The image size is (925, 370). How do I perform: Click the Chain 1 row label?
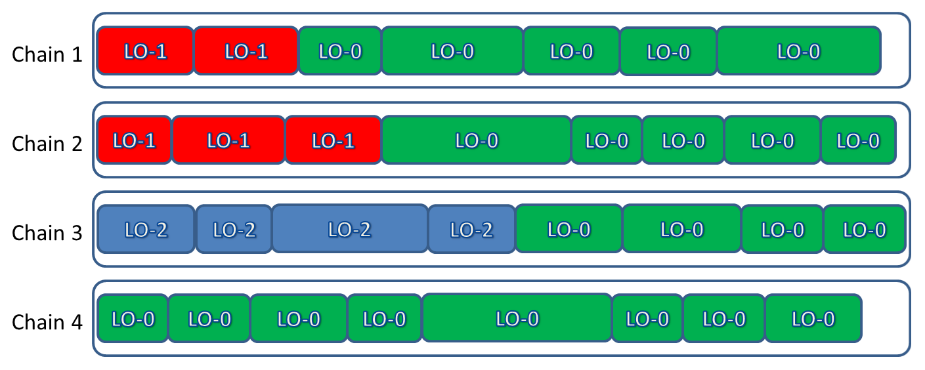(47, 54)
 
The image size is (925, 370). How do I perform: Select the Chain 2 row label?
(47, 143)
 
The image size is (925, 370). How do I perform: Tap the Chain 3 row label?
(47, 232)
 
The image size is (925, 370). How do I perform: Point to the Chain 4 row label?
(47, 322)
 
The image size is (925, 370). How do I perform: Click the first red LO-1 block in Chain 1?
(145, 51)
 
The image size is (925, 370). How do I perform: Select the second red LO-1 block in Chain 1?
(246, 51)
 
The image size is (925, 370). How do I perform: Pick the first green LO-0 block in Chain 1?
(339, 51)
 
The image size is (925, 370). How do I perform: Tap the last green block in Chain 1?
(798, 51)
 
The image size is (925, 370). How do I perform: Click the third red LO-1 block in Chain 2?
(333, 140)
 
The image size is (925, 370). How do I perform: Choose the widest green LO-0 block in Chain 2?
(476, 140)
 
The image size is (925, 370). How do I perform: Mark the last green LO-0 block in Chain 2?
(858, 140)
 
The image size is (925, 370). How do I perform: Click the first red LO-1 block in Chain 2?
(134, 140)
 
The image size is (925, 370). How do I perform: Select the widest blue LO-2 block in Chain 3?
(349, 229)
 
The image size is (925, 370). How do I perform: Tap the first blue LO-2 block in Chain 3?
(146, 230)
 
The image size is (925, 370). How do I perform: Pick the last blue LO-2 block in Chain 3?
(471, 230)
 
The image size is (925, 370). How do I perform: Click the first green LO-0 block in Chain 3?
(569, 229)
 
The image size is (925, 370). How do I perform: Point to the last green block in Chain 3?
(864, 230)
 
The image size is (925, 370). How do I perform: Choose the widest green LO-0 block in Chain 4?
(517, 318)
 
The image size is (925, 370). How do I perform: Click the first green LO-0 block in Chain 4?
(133, 319)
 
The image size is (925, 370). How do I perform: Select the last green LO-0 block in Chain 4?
(813, 319)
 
